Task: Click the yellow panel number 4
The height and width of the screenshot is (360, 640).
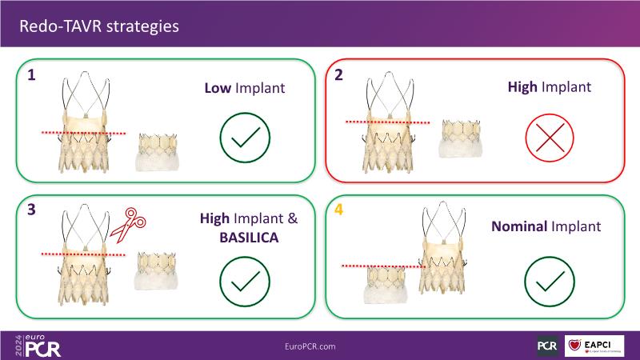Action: pos(341,214)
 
